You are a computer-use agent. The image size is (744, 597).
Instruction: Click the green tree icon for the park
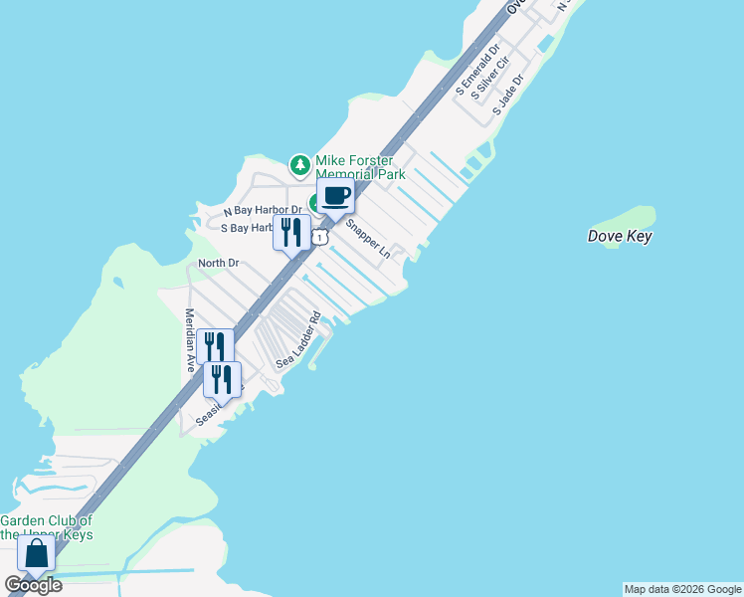point(298,163)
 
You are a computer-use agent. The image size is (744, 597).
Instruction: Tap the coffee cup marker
point(335,195)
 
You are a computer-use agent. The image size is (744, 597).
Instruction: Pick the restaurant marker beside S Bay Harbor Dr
point(290,233)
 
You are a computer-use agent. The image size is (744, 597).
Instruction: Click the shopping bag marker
point(36,554)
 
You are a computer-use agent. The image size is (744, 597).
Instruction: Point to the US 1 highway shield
point(319,237)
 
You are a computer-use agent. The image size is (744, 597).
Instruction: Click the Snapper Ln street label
point(367,238)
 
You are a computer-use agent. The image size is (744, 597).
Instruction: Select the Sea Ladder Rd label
point(298,341)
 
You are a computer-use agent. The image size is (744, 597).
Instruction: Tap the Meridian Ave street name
point(189,339)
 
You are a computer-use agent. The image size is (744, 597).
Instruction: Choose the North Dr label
point(219,263)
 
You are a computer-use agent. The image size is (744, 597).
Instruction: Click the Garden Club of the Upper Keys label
point(46,527)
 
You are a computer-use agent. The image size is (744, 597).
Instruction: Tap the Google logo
point(33,585)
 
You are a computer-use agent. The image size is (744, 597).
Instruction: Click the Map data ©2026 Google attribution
point(682,589)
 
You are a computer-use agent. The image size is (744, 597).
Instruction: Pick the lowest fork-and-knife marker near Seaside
point(222,379)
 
